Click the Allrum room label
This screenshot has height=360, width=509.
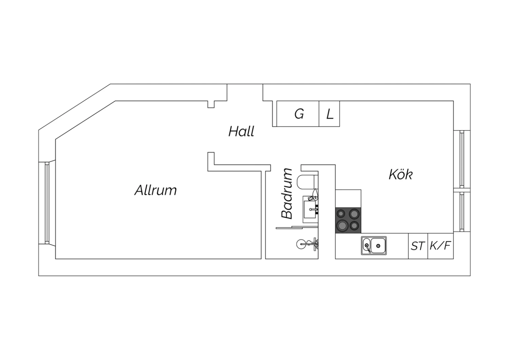(156, 190)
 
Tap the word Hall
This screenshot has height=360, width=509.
(241, 131)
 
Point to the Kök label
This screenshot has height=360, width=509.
(401, 175)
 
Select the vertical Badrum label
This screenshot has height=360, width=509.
(286, 194)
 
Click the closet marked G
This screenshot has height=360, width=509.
(298, 114)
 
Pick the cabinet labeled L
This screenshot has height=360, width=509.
(329, 114)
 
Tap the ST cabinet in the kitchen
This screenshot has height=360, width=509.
(418, 246)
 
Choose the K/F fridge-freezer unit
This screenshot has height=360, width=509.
(440, 246)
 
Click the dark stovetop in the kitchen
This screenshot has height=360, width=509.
(348, 220)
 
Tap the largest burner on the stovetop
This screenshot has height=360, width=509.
(343, 226)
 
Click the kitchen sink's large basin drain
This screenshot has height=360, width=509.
(378, 246)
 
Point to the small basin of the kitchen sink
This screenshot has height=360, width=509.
(366, 245)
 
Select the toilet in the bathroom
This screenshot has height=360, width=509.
(307, 182)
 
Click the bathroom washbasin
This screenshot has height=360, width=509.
(310, 209)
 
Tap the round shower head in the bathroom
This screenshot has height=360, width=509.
(302, 244)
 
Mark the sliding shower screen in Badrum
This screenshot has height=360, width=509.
(297, 228)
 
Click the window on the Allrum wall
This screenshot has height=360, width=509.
(47, 203)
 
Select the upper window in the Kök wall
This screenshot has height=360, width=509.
(462, 159)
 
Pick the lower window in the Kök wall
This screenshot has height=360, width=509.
(462, 212)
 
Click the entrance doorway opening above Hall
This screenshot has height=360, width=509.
(245, 92)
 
